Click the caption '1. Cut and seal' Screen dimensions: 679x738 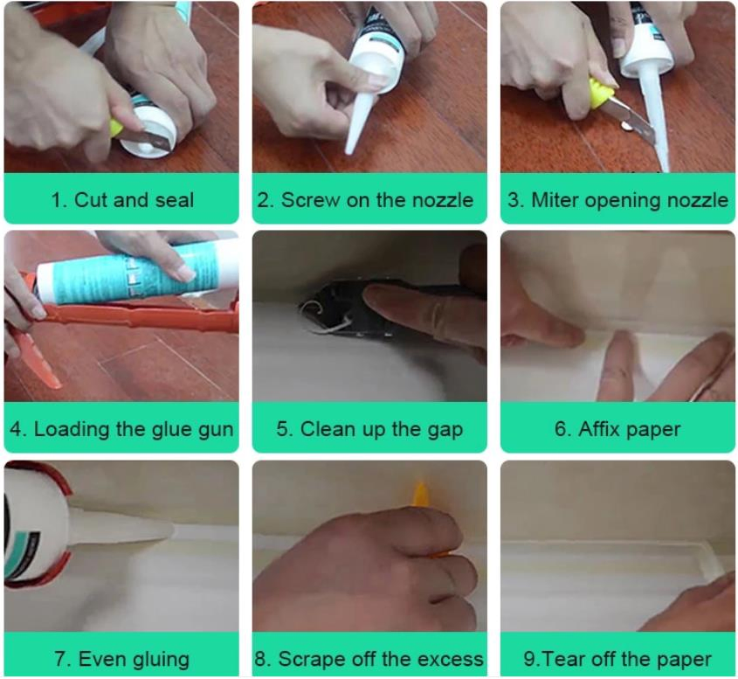121,200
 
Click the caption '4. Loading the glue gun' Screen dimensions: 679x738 121,429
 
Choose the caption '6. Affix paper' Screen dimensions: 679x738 617,429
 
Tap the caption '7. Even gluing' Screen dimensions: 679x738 121,658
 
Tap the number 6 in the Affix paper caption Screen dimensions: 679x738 561,429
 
